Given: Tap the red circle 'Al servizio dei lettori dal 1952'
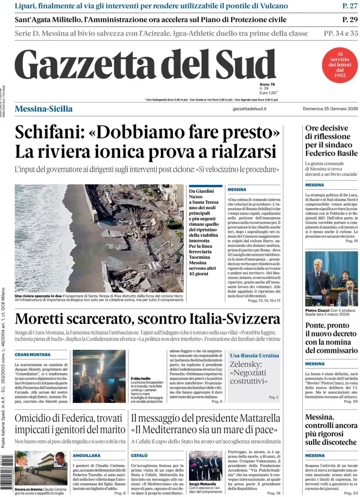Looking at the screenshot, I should point(340,65).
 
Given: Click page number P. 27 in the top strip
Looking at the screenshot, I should point(350,6).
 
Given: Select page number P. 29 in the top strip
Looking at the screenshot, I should point(350,19).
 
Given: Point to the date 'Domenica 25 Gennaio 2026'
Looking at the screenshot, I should point(330,109).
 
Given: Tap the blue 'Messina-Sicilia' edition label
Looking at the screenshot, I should point(44,109).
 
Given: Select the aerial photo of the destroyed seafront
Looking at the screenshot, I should point(99,238).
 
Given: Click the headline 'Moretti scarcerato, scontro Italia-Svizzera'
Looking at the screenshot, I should point(147,319).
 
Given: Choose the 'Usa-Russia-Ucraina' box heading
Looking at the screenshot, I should point(255,356).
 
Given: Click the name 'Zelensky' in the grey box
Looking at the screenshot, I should point(246,364).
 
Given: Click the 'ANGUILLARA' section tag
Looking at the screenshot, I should point(86,456).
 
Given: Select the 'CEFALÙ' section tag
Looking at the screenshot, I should point(139,456).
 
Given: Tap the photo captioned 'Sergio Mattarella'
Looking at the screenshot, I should point(205,465).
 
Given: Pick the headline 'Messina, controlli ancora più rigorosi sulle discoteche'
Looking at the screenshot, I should point(331,430).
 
